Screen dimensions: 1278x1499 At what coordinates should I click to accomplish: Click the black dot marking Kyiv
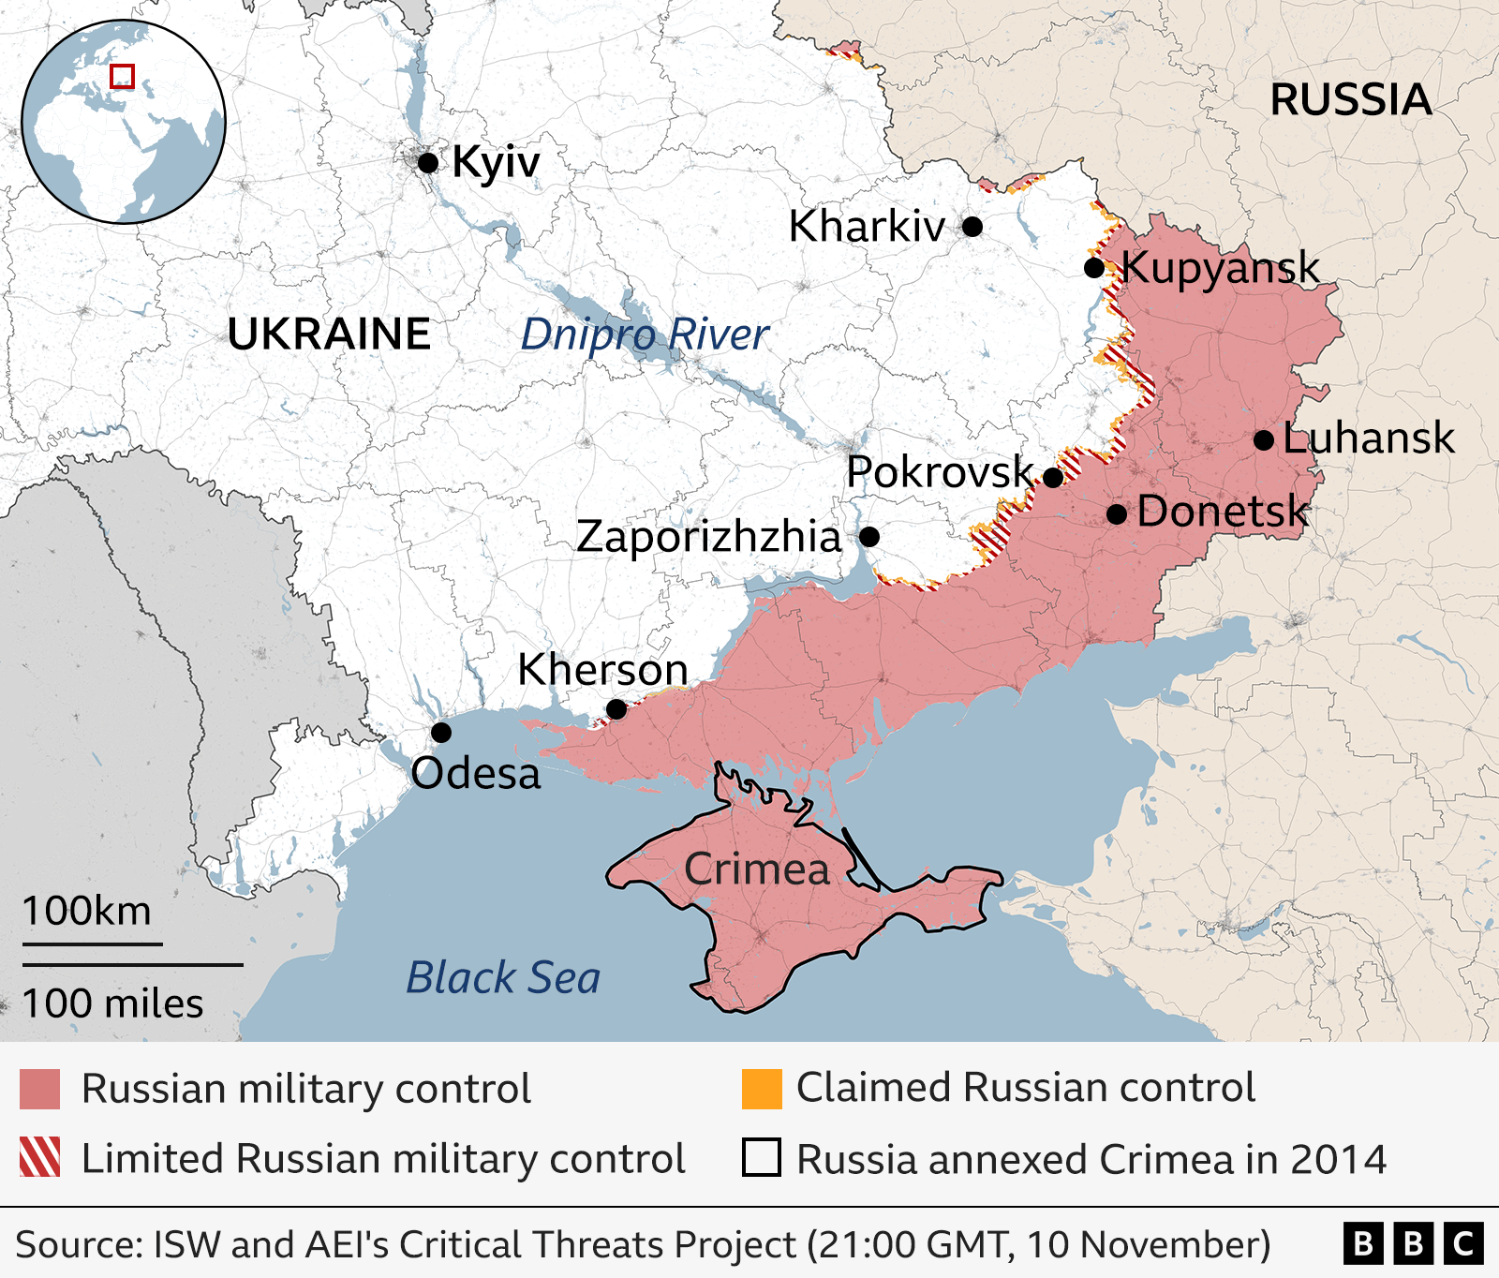coord(428,163)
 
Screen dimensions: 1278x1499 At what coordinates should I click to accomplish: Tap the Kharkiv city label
coord(867,227)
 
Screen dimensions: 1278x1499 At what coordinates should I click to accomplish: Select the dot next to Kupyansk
coord(1093,268)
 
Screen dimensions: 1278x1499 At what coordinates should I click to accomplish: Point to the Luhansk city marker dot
coord(1263,440)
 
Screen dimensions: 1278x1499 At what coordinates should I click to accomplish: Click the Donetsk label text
coord(1222,513)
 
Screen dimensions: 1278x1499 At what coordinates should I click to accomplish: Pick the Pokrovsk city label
coord(939,472)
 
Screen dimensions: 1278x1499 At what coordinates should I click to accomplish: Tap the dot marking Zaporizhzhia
coord(869,537)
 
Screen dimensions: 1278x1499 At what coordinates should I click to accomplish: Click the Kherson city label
coord(602,671)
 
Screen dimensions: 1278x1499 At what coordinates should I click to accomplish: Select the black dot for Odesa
coord(441,733)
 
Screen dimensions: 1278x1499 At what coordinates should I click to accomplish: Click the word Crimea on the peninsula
coord(757,869)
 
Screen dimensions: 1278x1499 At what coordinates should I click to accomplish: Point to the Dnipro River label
coord(645,334)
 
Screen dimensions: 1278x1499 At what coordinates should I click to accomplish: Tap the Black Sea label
coord(503,978)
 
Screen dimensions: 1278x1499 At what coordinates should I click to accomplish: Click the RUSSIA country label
coord(1350,100)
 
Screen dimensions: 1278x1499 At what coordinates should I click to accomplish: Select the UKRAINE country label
coord(329,334)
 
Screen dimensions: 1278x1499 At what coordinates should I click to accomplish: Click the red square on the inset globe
coord(123,77)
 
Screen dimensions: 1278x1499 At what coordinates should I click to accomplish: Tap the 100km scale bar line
coord(92,944)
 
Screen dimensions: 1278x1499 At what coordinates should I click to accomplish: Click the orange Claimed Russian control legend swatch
coord(762,1089)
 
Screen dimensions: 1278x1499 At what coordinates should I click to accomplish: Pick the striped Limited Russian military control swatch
coord(40,1157)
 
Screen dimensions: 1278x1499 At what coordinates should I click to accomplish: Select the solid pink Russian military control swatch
coord(40,1089)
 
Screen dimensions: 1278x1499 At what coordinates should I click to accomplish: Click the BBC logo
coord(1413,1243)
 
